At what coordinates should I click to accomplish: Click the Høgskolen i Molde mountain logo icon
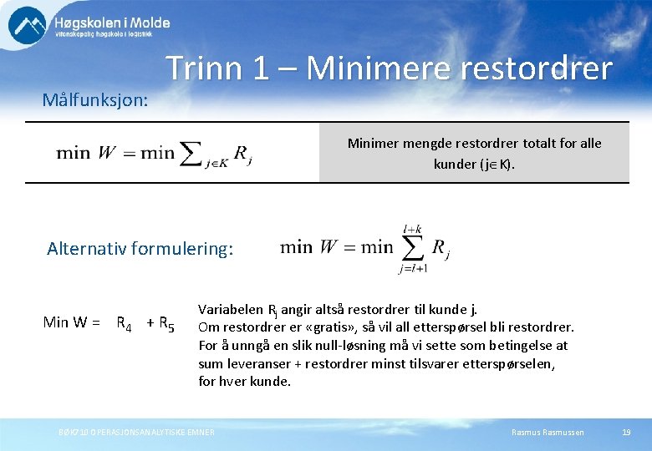click(x=28, y=25)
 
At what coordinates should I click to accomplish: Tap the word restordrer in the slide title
click(x=542, y=68)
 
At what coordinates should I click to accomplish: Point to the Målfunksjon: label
click(x=95, y=100)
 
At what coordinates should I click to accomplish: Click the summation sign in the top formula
click(x=191, y=152)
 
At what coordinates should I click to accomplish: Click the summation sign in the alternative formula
click(x=413, y=246)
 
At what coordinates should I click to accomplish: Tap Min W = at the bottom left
click(x=72, y=322)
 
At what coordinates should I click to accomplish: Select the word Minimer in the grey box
click(x=374, y=143)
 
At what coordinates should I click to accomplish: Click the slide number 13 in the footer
click(x=626, y=432)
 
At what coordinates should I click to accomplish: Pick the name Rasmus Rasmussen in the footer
click(x=548, y=432)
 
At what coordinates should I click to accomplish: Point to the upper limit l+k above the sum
click(x=413, y=227)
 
